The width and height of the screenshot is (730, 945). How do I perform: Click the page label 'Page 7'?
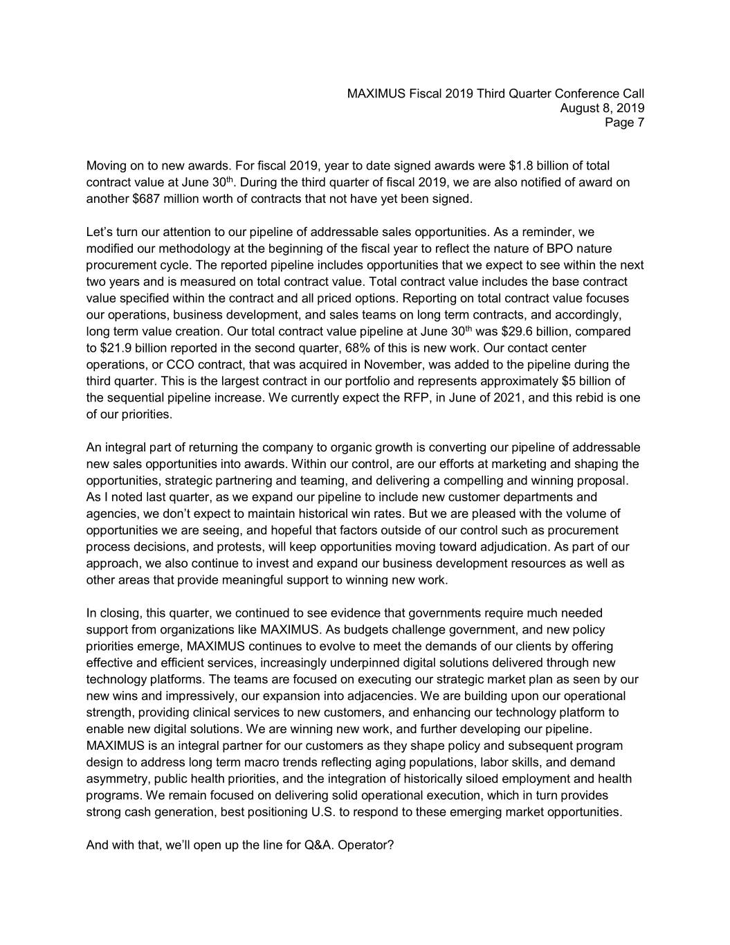coord(624,123)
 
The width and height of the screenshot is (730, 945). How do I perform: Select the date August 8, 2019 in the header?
coord(602,108)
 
